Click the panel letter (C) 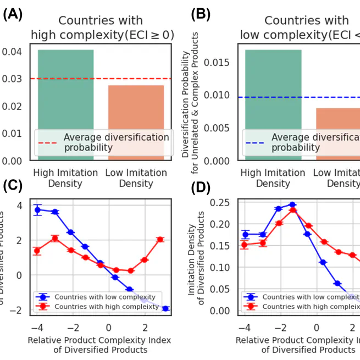tap(12, 186)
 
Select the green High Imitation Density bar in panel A tap(65, 104)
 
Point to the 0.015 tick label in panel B tap(215, 62)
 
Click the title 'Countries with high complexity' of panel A tap(101, 28)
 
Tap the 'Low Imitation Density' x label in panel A tap(136, 178)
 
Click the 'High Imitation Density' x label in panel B tap(273, 178)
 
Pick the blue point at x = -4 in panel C tap(37, 210)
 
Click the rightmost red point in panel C tap(160, 239)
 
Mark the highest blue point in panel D tap(292, 204)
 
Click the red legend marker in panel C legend tap(45, 306)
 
